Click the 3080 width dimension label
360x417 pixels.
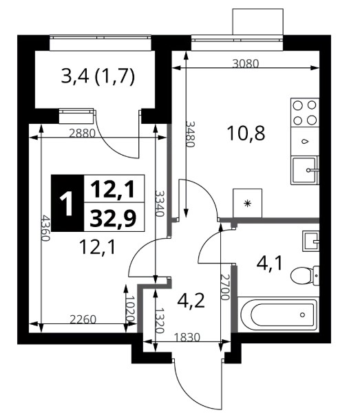tap(245, 64)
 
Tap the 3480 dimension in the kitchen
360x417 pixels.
tap(191, 134)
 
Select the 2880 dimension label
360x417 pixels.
tap(82, 133)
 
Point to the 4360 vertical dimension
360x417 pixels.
tap(45, 228)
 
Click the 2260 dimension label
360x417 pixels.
tap(83, 319)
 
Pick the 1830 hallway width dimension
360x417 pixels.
tap(187, 337)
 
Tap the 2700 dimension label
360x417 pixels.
tap(224, 287)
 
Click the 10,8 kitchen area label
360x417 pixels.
tap(246, 133)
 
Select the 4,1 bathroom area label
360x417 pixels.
tap(269, 263)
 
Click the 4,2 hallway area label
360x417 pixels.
tap(191, 301)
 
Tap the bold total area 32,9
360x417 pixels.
tap(113, 218)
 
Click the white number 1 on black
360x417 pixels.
tap(67, 204)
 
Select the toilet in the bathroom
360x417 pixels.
tap(305, 275)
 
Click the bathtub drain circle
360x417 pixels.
tap(302, 315)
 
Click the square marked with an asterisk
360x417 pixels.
tap(247, 204)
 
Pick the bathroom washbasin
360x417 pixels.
tap(310, 242)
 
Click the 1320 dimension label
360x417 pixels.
tap(160, 321)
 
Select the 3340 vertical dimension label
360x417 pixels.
tap(160, 204)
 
